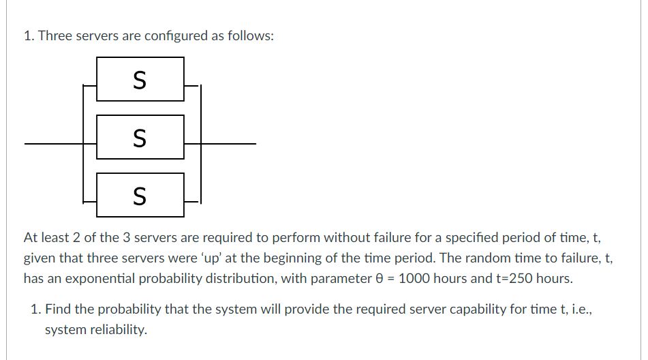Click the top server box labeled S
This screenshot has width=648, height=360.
(x=140, y=80)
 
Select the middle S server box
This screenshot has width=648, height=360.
(x=140, y=138)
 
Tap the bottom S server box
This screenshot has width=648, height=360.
(x=140, y=196)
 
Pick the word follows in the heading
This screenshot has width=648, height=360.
(x=250, y=36)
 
